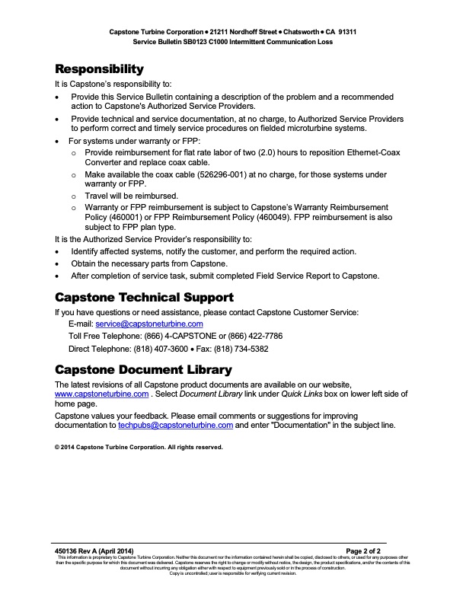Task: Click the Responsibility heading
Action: (99, 69)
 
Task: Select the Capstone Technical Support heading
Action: (144, 297)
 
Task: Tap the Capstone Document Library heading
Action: (143, 370)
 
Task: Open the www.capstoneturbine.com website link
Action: (101, 394)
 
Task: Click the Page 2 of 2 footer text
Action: (369, 550)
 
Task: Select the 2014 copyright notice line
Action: (139, 448)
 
